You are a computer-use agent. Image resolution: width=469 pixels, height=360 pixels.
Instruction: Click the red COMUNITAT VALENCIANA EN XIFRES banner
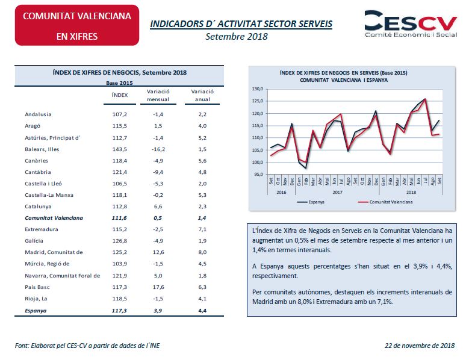pyautogui.click(x=76, y=25)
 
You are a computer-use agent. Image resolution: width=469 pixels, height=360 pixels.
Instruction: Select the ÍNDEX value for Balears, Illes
pyautogui.click(x=120, y=149)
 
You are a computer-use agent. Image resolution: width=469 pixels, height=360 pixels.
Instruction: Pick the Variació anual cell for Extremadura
pyautogui.click(x=202, y=230)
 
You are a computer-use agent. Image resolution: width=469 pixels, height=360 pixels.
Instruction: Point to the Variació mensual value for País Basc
pyautogui.click(x=159, y=288)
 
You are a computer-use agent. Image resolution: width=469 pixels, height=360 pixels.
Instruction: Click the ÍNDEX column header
pyautogui.click(x=120, y=95)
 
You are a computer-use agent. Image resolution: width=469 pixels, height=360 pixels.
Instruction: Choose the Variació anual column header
pyautogui.click(x=202, y=95)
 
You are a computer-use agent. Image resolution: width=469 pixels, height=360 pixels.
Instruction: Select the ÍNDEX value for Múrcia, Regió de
pyautogui.click(x=120, y=264)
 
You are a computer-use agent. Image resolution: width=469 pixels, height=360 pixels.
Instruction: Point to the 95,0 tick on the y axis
pyautogui.click(x=259, y=175)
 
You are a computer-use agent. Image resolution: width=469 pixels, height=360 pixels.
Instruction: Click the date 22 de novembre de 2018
pyautogui.click(x=420, y=345)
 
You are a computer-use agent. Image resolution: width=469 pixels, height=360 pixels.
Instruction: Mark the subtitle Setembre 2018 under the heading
pyautogui.click(x=237, y=36)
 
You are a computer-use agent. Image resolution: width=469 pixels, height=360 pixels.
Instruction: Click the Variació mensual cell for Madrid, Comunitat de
pyautogui.click(x=159, y=253)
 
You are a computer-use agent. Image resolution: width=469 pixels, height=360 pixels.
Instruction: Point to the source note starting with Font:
pyautogui.click(x=87, y=345)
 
